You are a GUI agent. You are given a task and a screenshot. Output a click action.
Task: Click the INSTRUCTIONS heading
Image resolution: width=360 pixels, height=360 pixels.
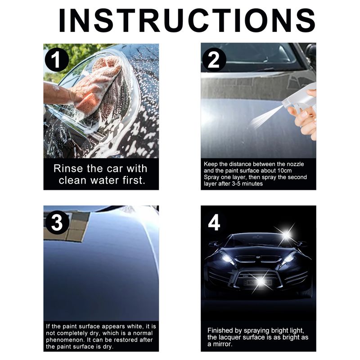point(187,21)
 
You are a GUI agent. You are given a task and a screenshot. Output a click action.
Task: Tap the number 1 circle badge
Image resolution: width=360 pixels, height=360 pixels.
point(57,60)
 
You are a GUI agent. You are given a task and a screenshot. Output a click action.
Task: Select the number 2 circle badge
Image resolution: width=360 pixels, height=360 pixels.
point(214,60)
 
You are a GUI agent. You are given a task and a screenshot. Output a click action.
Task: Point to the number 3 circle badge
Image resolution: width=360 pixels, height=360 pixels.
point(57,222)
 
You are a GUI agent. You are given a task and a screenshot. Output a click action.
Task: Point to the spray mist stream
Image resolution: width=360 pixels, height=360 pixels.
point(266,117)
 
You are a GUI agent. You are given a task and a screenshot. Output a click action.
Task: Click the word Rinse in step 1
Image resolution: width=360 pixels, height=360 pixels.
point(68,168)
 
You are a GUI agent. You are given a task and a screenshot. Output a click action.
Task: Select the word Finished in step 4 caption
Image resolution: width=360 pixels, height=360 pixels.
point(220,330)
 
